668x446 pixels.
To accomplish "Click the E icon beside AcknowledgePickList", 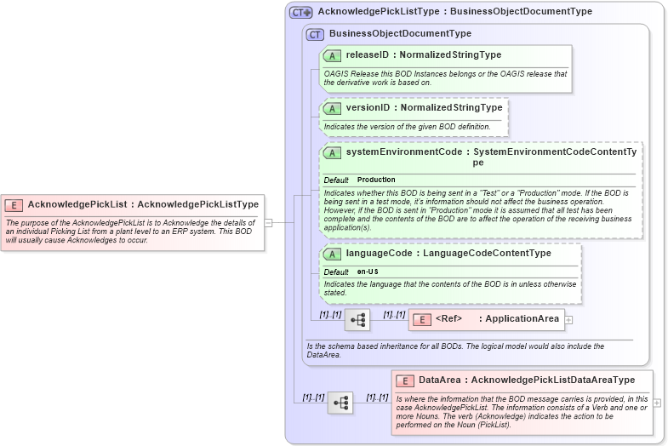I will [14, 204].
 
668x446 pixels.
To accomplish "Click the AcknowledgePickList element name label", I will [77, 204].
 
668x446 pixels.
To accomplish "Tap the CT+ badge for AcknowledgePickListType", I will [301, 13].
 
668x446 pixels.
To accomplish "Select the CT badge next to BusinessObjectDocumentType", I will [315, 34].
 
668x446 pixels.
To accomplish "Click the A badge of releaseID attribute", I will [332, 55].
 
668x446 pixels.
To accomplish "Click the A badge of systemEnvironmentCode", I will [332, 152].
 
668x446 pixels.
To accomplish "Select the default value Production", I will [376, 180].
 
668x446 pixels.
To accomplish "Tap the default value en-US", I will [368, 272].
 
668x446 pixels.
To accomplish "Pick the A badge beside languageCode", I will [332, 253].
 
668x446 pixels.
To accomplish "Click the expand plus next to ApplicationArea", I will [569, 320].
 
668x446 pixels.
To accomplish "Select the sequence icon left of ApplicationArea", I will [357, 320].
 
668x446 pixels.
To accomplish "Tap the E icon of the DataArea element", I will [405, 380].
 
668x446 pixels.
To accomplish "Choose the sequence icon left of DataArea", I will [340, 403].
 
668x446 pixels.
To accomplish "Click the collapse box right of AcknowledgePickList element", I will [269, 223].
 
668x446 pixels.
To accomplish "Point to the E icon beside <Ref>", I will [422, 319].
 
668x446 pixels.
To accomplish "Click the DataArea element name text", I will [439, 380].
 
